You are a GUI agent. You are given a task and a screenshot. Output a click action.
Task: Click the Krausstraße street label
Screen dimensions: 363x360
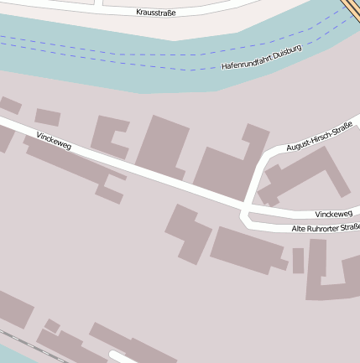point(155,13)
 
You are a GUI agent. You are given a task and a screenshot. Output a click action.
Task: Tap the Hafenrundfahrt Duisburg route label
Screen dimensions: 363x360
point(261,57)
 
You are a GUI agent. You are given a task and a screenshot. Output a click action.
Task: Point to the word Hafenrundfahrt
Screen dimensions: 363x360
point(243,62)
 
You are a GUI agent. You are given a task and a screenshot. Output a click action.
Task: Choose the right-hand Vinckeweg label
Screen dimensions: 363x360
point(333,215)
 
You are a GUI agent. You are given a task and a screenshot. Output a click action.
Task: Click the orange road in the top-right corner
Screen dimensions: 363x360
point(352,8)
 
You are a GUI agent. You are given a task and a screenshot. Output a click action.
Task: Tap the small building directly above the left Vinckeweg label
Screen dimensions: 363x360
point(47,117)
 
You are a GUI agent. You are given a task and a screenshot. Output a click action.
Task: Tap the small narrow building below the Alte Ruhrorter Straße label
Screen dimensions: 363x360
point(298,260)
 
